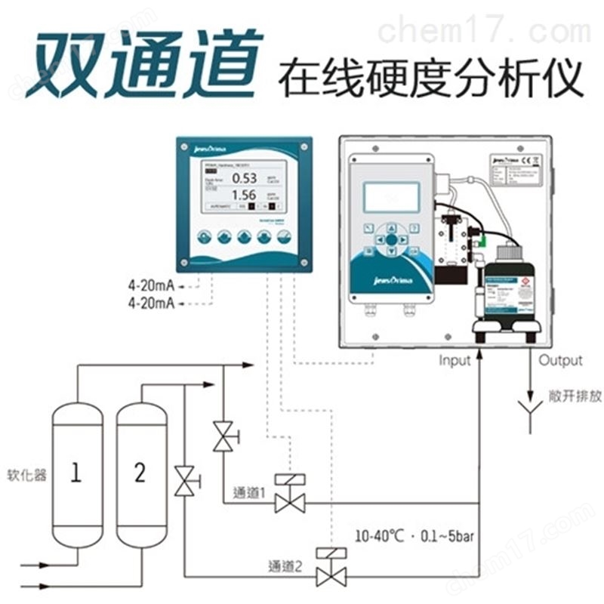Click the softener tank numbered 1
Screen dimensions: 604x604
(76, 473)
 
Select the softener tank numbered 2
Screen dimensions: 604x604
(140, 473)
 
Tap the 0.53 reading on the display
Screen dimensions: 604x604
(244, 178)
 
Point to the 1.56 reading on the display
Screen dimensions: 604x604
(244, 195)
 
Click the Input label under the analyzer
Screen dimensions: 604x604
(455, 361)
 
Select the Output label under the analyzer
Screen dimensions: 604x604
(559, 361)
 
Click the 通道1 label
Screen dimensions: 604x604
(251, 495)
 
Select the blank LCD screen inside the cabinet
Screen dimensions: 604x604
(391, 196)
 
